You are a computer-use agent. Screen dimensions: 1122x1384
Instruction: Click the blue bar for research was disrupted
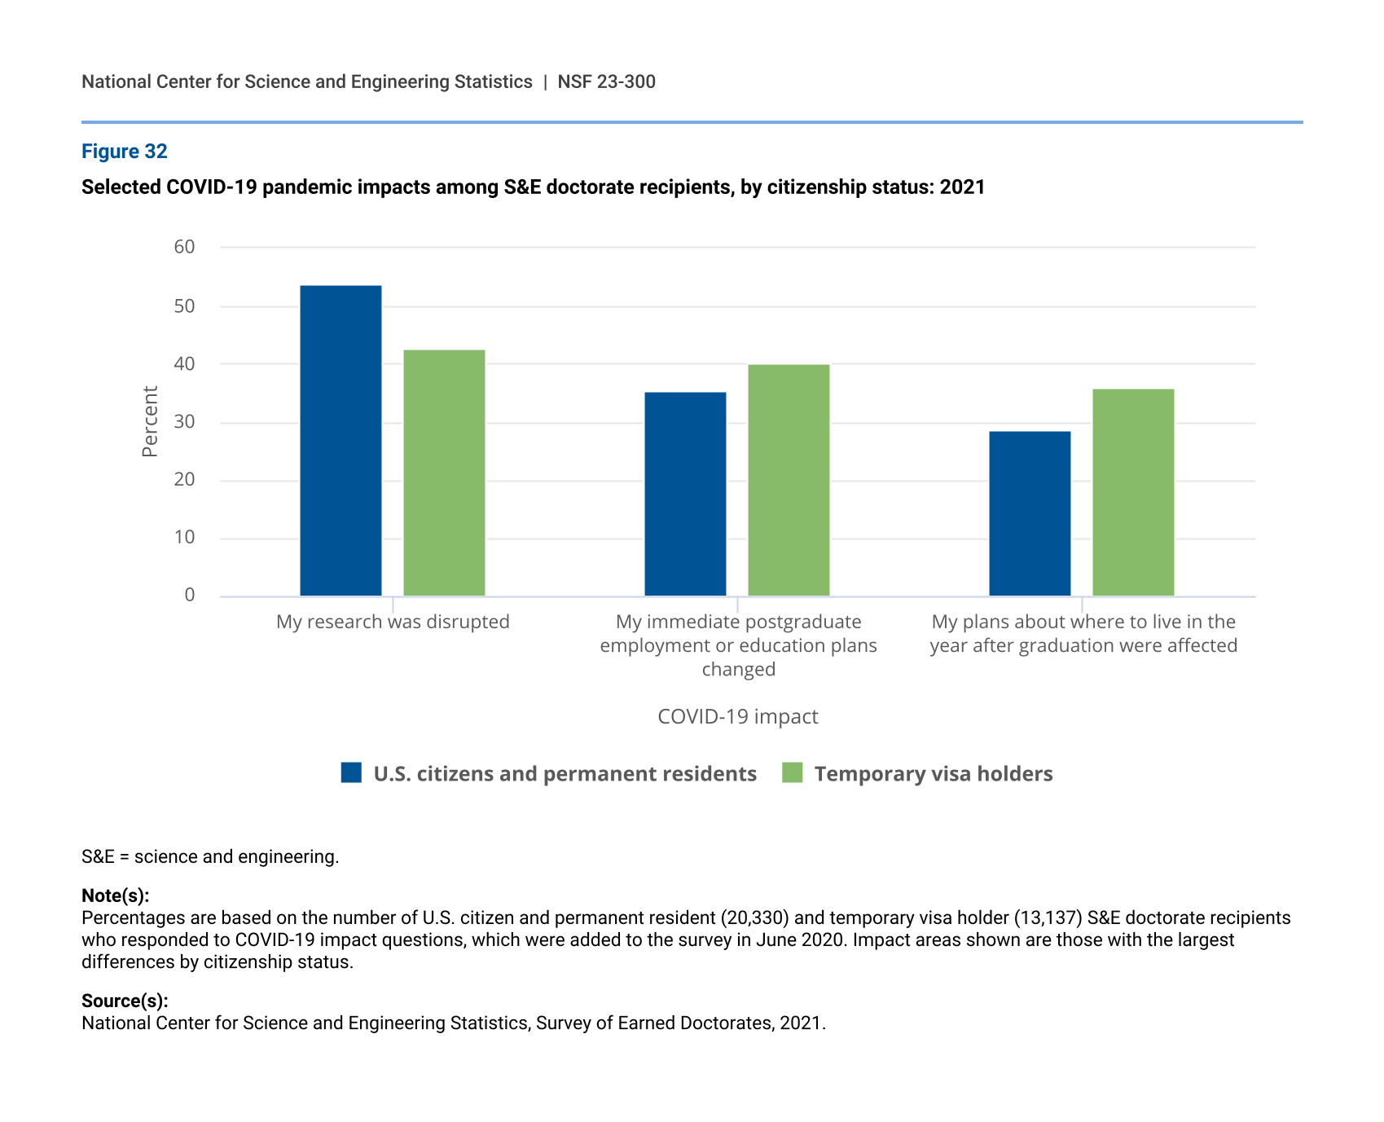click(x=341, y=441)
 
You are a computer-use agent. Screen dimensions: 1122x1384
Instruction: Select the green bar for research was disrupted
click(x=444, y=473)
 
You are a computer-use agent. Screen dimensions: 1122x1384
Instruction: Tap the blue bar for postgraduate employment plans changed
click(x=685, y=494)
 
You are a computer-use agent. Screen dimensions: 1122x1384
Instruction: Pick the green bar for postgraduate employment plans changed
click(x=789, y=480)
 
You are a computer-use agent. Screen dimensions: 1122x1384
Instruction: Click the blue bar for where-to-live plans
click(x=1030, y=513)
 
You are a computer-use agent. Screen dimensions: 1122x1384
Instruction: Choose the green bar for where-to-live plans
click(x=1133, y=492)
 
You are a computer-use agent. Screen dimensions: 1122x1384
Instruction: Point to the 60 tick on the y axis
click(x=185, y=247)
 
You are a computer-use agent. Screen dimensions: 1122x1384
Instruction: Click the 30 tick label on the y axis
click(x=185, y=422)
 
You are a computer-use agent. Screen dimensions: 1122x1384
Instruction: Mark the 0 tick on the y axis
click(x=190, y=596)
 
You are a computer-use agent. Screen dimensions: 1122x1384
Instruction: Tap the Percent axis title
click(x=150, y=421)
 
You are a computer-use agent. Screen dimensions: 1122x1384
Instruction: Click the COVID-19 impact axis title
click(x=737, y=717)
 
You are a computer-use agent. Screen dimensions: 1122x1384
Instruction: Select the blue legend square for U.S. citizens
click(x=351, y=773)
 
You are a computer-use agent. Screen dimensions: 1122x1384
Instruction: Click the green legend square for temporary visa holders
click(x=792, y=773)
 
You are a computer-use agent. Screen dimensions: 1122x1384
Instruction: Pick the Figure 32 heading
click(x=125, y=152)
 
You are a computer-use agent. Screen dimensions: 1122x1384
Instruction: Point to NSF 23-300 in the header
click(x=606, y=82)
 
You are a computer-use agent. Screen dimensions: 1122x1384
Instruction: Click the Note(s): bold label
click(x=115, y=896)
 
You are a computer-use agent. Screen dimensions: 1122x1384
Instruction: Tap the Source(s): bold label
click(x=125, y=1001)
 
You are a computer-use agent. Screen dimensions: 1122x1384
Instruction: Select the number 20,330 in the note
click(x=754, y=918)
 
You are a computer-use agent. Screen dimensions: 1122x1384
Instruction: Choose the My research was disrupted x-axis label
click(x=393, y=623)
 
